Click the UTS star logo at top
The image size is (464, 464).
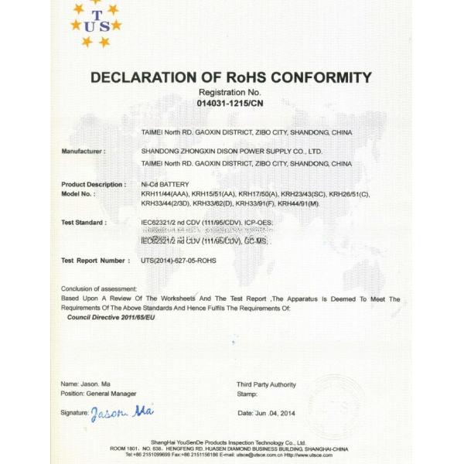pyautogui.click(x=95, y=24)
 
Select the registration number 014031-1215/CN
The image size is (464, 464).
pyautogui.click(x=230, y=103)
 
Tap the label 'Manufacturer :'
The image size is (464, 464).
pyautogui.click(x=83, y=151)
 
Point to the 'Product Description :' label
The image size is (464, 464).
pyautogui.click(x=93, y=184)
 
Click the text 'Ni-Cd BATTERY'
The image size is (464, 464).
pyautogui.click(x=165, y=184)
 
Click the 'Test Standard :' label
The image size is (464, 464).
pyautogui.click(x=83, y=222)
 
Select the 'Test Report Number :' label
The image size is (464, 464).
pyautogui.click(x=94, y=261)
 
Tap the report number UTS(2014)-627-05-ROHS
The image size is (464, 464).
pyautogui.click(x=179, y=261)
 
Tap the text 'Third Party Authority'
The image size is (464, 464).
pyautogui.click(x=266, y=384)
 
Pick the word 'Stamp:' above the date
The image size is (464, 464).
pyautogui.click(x=247, y=394)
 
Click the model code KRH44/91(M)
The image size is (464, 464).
pyautogui.click(x=297, y=203)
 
